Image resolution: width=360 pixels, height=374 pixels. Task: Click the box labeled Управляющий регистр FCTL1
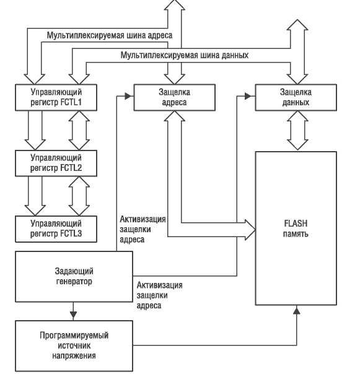(x=56, y=97)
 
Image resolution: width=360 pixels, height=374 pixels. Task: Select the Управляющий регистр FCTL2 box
(x=56, y=163)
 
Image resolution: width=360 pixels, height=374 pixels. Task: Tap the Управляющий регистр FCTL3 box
(x=56, y=229)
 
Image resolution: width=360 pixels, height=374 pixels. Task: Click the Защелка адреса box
(x=175, y=97)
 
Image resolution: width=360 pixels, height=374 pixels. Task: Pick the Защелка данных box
(x=296, y=97)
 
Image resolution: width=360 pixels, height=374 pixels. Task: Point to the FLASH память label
(x=296, y=228)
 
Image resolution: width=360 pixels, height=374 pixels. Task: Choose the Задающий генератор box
(x=74, y=277)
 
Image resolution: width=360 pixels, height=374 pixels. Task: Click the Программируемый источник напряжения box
(x=74, y=346)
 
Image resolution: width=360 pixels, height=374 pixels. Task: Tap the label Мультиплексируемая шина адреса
(x=110, y=35)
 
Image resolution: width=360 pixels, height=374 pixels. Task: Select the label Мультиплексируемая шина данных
(x=185, y=55)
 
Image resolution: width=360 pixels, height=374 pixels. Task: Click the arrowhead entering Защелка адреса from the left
(x=128, y=96)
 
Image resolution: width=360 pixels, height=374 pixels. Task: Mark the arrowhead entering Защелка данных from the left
(x=248, y=96)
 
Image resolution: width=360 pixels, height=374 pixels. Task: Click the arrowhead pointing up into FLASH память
(x=297, y=310)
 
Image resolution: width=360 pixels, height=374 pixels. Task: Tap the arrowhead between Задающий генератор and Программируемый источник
(x=73, y=315)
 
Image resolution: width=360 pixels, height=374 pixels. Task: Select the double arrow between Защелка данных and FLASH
(x=297, y=131)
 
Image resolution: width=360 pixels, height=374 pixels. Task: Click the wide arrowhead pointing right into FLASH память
(x=250, y=230)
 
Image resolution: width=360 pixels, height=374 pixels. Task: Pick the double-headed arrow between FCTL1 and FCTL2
(x=79, y=131)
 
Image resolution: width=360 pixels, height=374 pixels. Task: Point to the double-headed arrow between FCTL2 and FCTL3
(x=79, y=196)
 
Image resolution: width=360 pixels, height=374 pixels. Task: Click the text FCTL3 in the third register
(x=71, y=233)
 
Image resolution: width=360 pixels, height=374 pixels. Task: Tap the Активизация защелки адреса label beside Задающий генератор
(x=159, y=295)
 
